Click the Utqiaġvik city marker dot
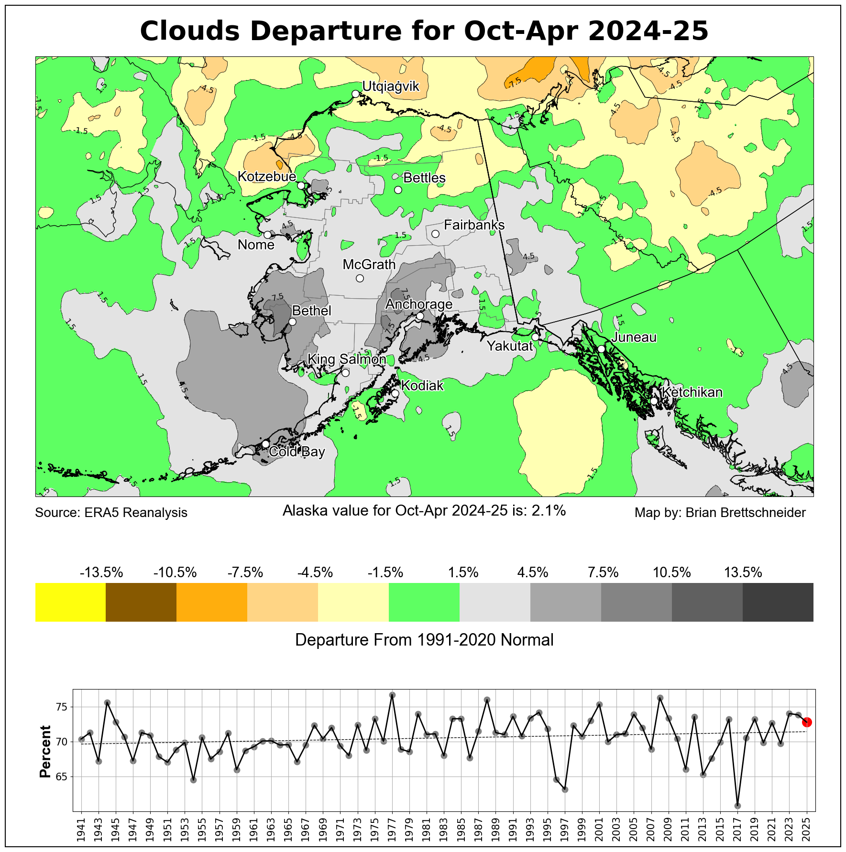tap(355, 94)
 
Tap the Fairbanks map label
tap(474, 225)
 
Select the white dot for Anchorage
tap(420, 316)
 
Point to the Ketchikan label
tap(692, 392)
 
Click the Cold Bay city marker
tap(265, 444)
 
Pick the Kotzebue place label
tap(267, 177)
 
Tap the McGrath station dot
tap(360, 279)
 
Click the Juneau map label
tap(634, 337)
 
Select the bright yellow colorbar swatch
tap(70, 602)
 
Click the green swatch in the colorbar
tap(424, 602)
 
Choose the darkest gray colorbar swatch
tap(778, 602)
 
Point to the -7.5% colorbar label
tap(245, 572)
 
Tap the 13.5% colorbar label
tap(743, 572)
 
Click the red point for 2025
tap(807, 722)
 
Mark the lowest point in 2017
tap(737, 806)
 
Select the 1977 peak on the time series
tap(392, 695)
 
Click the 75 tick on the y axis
tap(63, 707)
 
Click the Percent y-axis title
tap(45, 751)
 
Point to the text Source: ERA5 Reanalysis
tap(111, 513)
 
